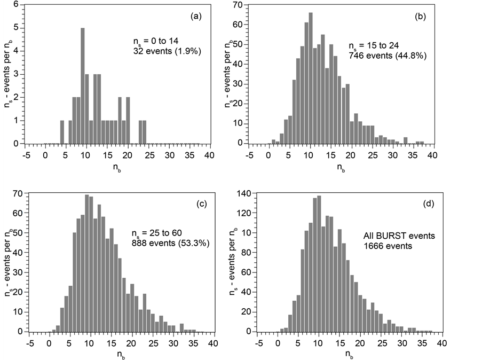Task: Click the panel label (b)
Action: (x=420, y=17)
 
